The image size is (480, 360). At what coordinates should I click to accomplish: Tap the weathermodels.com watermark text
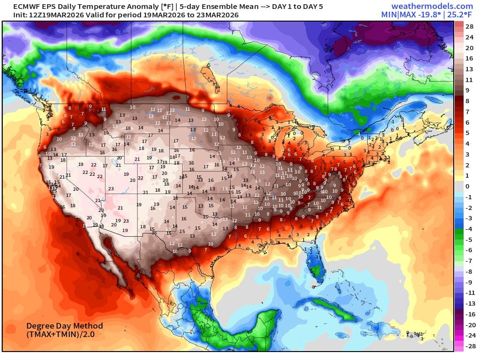(432, 6)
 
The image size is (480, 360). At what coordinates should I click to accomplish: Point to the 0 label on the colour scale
(467, 187)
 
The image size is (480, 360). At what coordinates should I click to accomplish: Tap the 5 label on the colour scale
(467, 133)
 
